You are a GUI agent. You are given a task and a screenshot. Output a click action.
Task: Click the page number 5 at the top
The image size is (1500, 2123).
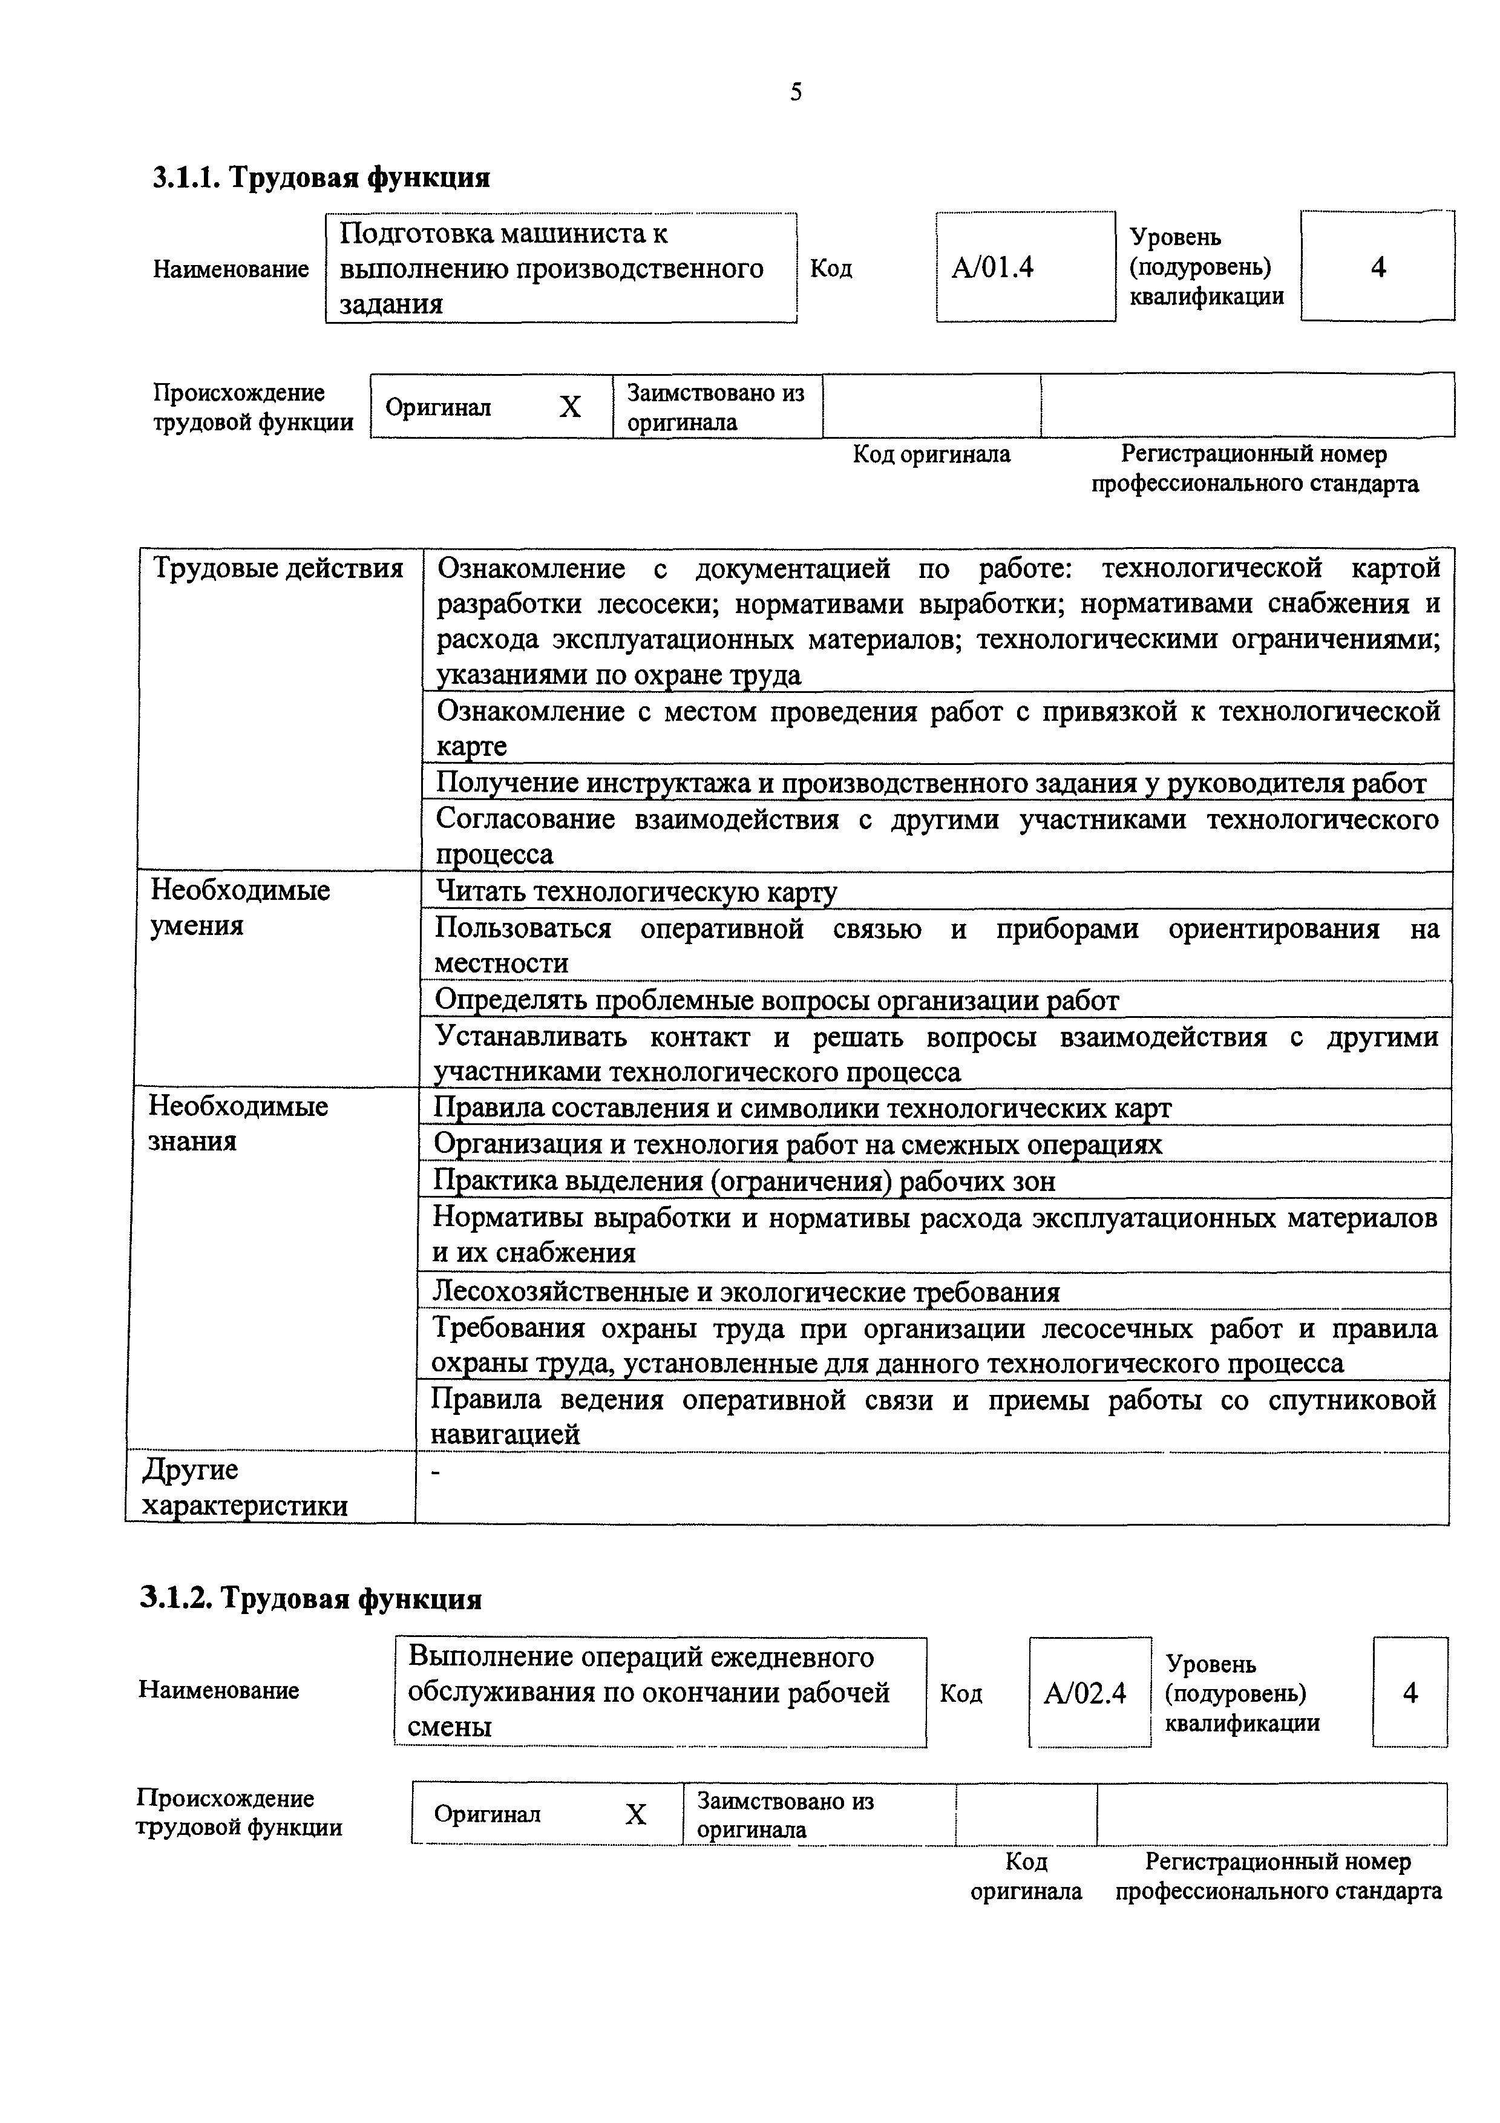pos(796,93)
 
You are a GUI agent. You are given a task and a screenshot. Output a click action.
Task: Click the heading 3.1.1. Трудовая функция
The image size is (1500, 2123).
pos(321,177)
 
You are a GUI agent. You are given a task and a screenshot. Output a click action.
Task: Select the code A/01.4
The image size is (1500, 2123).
pos(992,267)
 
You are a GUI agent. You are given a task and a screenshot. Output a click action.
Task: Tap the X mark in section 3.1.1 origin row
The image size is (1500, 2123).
pos(570,407)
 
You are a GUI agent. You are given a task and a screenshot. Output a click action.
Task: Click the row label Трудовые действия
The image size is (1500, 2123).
pos(277,568)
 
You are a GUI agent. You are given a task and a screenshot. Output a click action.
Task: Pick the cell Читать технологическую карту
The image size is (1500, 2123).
pos(636,891)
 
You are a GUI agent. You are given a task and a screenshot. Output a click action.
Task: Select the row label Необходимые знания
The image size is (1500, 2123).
pos(238,1123)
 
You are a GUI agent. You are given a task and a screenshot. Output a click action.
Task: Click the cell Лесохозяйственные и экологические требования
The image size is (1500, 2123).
pos(746,1291)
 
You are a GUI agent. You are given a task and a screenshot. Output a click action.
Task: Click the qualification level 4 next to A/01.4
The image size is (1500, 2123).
pos(1378,267)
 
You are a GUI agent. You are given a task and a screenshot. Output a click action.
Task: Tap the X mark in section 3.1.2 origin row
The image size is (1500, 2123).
pos(636,1814)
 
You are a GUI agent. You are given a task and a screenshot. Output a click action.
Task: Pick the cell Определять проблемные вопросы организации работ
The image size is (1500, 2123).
pos(776,1000)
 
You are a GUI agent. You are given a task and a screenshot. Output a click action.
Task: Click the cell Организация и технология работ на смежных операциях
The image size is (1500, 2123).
pos(797,1145)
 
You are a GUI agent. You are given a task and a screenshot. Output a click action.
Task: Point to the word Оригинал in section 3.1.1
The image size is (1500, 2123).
pos(438,408)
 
